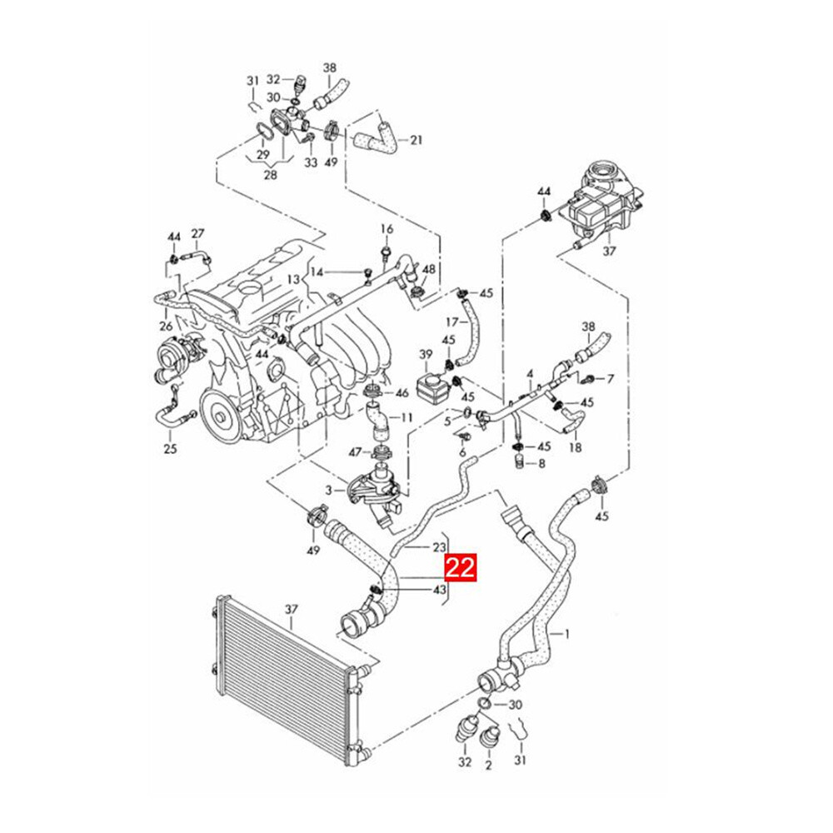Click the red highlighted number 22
coord(461,568)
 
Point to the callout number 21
coord(416,140)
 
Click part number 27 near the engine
coord(197,233)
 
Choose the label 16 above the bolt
coord(387,229)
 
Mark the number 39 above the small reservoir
coord(426,355)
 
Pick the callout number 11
coord(407,416)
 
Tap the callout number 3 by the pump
coord(329,490)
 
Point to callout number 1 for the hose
coord(567,634)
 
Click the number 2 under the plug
coord(488,762)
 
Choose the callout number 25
coord(171,450)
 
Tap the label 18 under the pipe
coord(575,448)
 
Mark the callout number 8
coord(542,463)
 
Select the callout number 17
coord(451,322)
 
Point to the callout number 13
coord(292,279)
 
